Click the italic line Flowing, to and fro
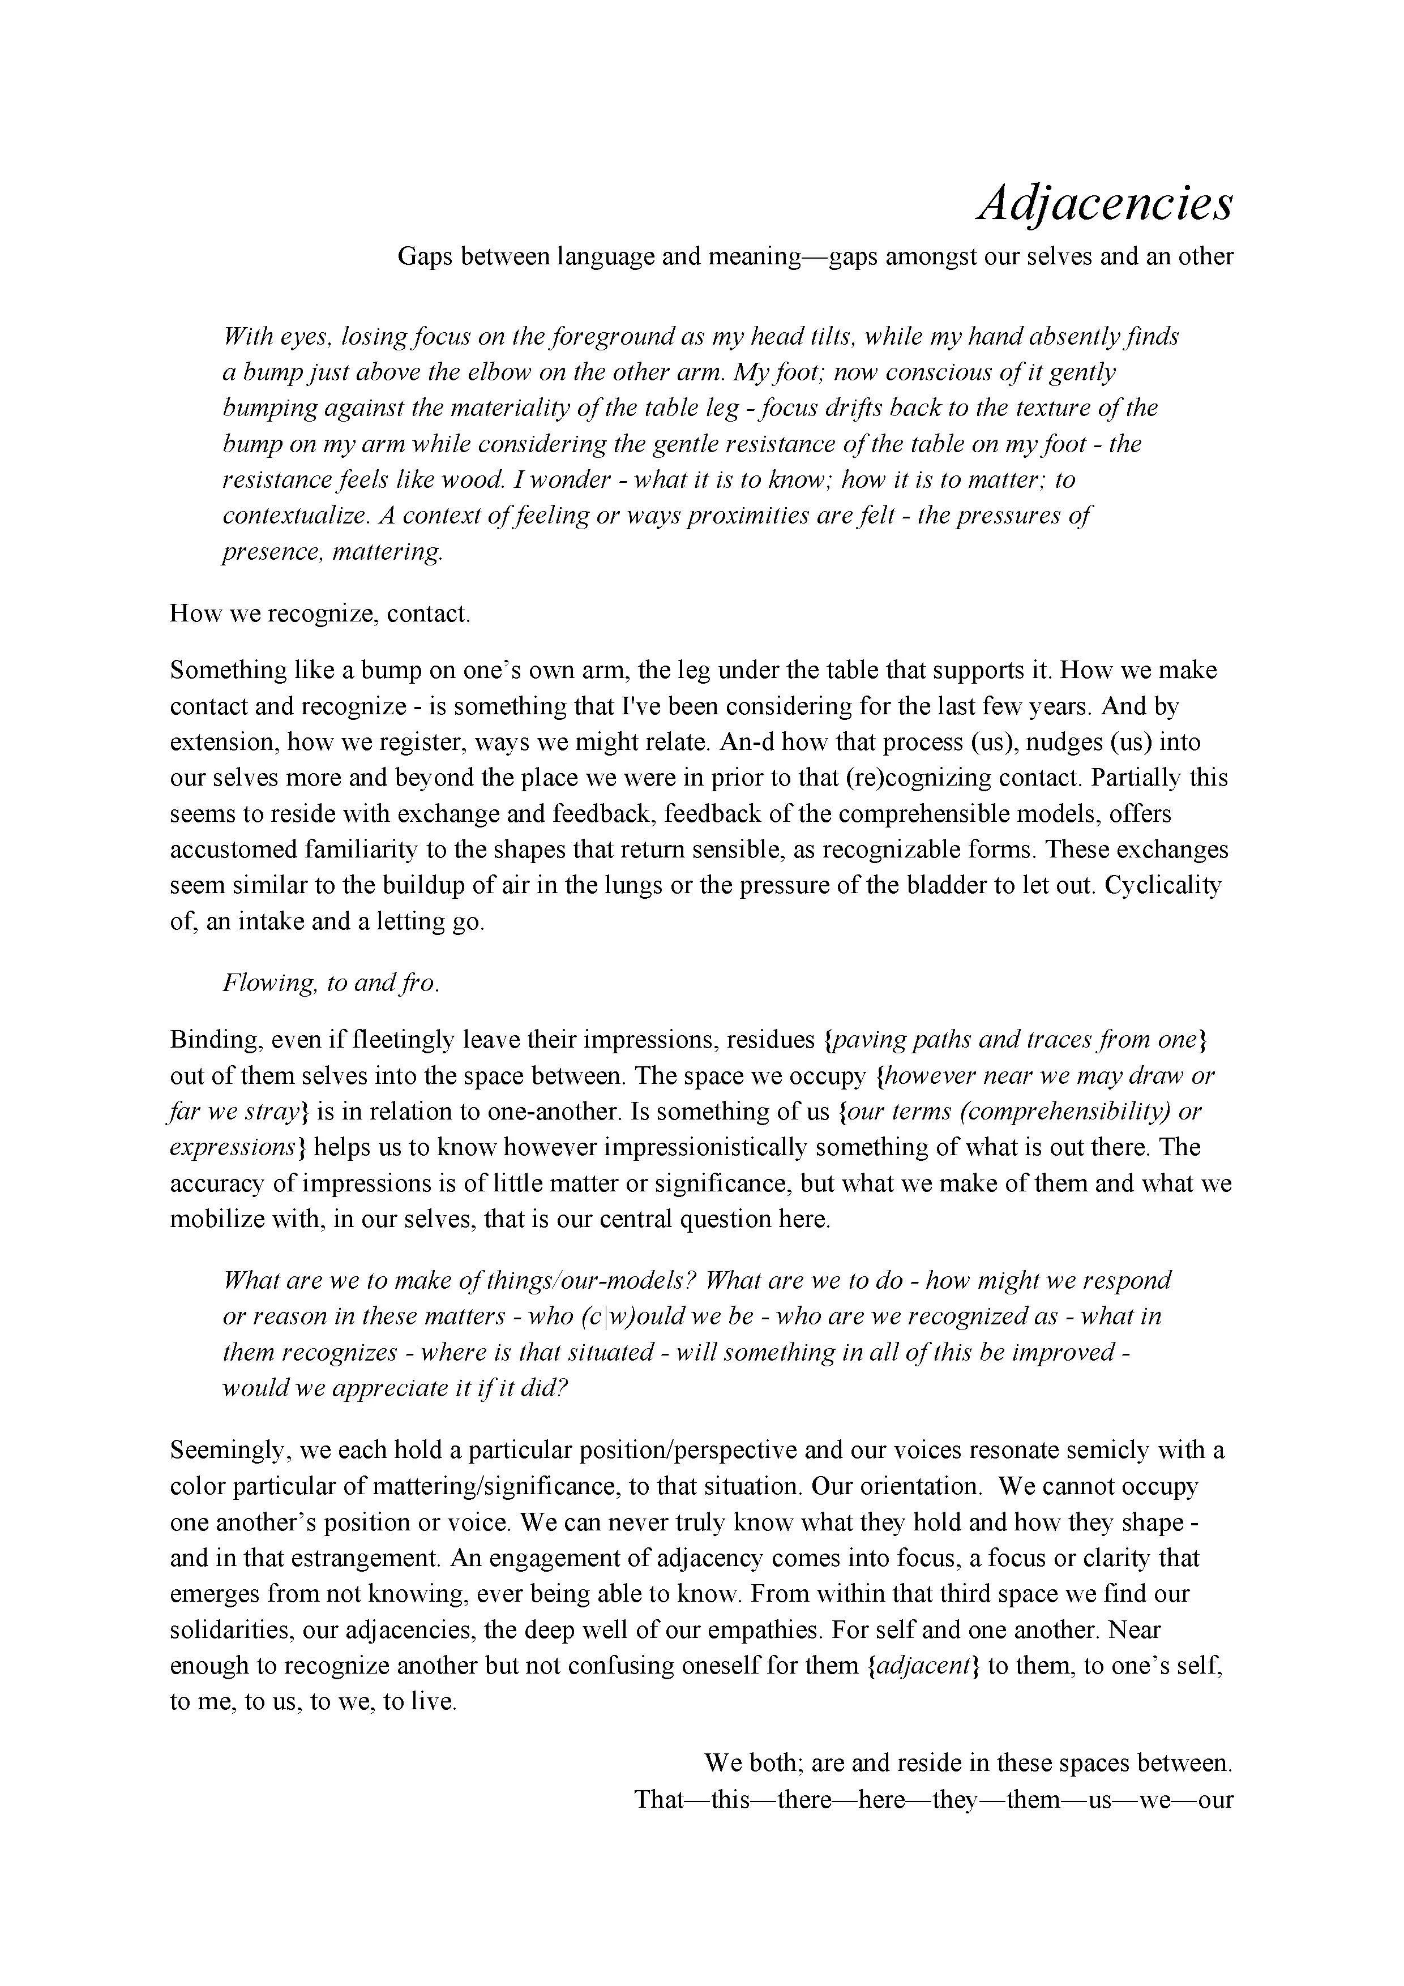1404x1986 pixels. click(x=331, y=984)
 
